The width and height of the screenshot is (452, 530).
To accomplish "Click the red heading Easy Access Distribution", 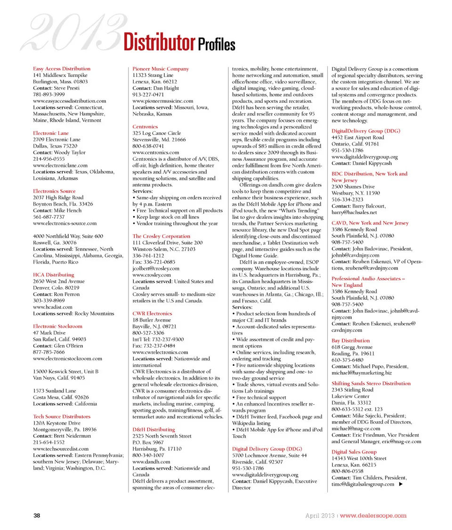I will [61, 69].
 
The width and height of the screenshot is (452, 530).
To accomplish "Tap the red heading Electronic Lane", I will [51, 133].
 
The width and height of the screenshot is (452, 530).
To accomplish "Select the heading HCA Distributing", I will [53, 275].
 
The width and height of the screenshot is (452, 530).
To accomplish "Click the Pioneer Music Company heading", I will [161, 69].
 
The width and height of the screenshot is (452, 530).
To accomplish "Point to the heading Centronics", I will [145, 127].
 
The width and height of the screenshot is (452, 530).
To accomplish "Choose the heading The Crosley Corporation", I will [161, 236].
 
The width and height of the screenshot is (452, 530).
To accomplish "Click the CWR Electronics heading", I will [152, 314].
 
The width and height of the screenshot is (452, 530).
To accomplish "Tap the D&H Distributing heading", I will [153, 430].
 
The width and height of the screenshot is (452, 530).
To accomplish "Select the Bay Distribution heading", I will [350, 340].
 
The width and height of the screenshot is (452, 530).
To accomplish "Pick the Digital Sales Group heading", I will [354, 452].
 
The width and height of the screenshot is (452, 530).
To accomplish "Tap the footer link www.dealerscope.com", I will [373, 515].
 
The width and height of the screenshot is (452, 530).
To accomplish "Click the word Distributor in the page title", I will [159, 43].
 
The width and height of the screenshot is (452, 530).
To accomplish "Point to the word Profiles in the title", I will [216, 44].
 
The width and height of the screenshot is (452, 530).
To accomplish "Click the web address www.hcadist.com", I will [52, 307].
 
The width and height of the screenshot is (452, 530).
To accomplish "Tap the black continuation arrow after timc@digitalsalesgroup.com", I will [400, 484].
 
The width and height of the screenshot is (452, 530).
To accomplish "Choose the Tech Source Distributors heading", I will [61, 417].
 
